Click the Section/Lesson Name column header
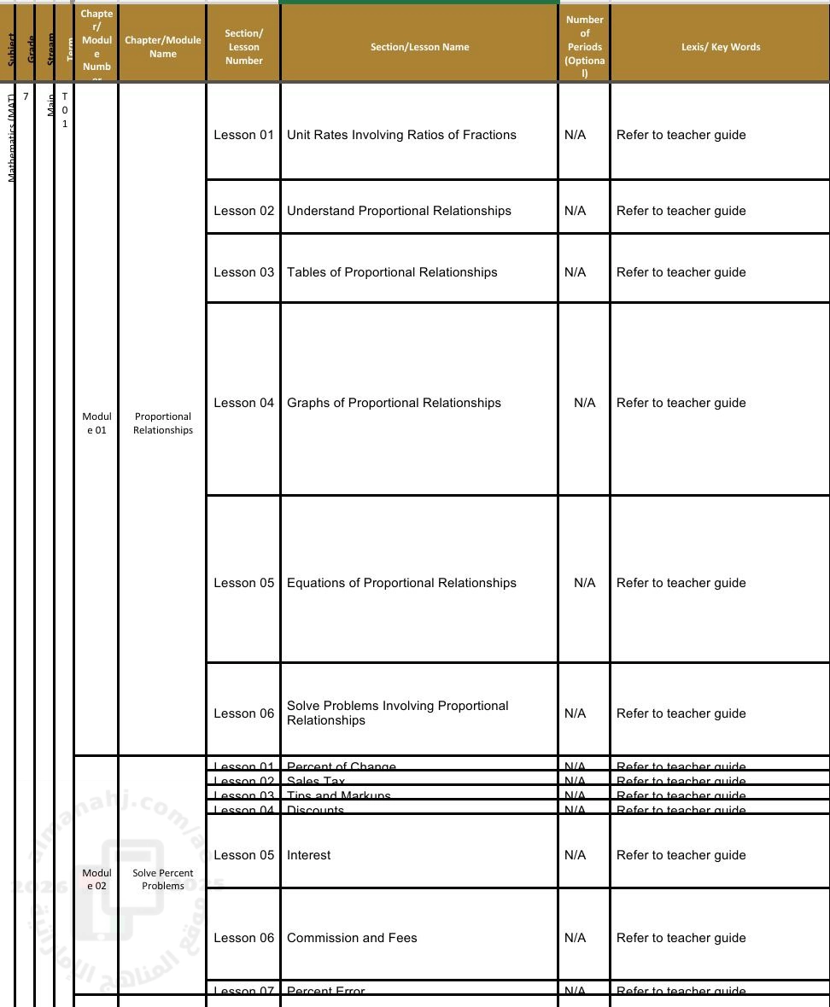(419, 47)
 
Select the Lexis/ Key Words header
(720, 47)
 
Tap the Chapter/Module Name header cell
(162, 47)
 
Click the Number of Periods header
(584, 47)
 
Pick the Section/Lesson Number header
(243, 47)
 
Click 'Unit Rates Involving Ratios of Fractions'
(401, 135)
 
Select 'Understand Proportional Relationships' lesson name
(399, 211)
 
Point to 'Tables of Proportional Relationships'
(392, 272)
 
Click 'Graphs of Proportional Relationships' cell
(394, 403)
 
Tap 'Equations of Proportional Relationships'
(401, 583)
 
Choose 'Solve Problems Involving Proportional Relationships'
(398, 713)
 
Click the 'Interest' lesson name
(309, 855)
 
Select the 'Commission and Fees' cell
(352, 938)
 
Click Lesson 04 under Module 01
(243, 403)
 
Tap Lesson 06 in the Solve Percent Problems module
(243, 938)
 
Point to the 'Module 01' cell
(96, 423)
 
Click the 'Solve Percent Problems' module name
(162, 879)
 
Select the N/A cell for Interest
(575, 855)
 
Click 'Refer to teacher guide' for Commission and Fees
(681, 938)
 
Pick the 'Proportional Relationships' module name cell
(162, 423)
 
